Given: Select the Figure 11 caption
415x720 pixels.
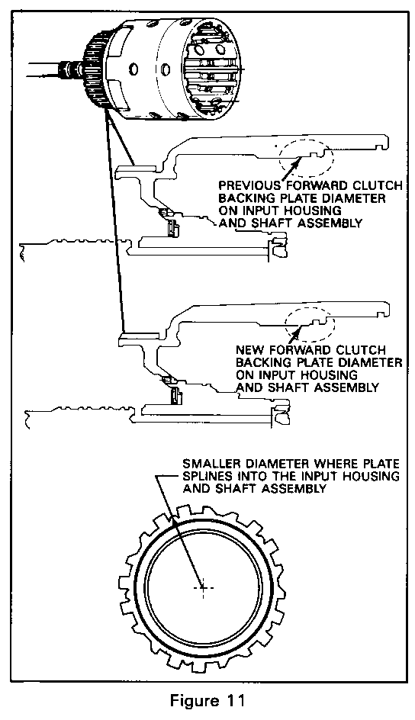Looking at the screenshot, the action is (207, 701).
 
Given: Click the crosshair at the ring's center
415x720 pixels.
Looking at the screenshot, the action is (201, 587).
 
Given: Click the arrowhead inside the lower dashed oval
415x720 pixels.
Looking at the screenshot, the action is (301, 327).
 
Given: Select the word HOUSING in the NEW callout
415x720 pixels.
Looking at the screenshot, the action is (327, 374).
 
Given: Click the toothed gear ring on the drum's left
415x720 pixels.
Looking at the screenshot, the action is (96, 71).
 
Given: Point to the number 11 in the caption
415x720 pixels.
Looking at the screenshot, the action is (233, 701).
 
